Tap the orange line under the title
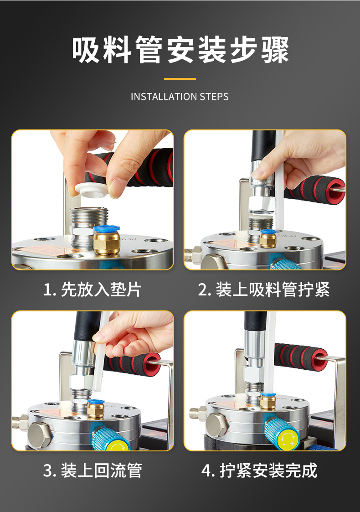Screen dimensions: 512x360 tap(180, 79)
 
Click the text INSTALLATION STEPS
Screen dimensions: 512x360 tap(180, 97)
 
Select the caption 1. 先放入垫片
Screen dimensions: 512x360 tap(93, 290)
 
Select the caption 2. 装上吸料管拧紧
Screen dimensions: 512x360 tap(264, 290)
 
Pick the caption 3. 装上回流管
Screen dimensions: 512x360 tap(93, 470)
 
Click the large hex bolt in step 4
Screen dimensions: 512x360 tap(216, 425)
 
